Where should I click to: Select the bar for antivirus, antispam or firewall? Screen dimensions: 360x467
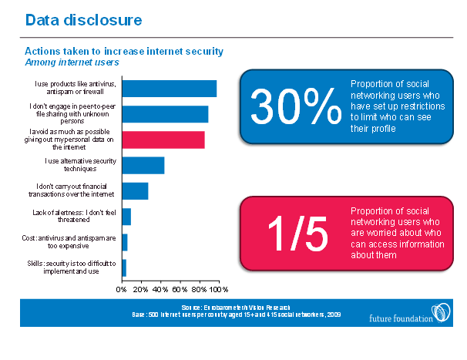coord(169,89)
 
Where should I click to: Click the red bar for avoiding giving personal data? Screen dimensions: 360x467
coord(163,140)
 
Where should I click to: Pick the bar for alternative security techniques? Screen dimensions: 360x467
coord(143,165)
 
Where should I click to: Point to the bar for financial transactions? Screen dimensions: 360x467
coord(134,191)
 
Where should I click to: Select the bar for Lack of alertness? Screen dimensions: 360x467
coord(126,217)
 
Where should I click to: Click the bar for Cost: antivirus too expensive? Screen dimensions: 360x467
coord(124,242)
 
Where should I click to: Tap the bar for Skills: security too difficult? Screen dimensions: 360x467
coord(123,267)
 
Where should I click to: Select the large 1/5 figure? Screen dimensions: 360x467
coord(297,233)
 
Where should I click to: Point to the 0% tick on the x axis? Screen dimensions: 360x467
coord(121,290)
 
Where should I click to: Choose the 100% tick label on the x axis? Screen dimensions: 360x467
coord(220,290)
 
